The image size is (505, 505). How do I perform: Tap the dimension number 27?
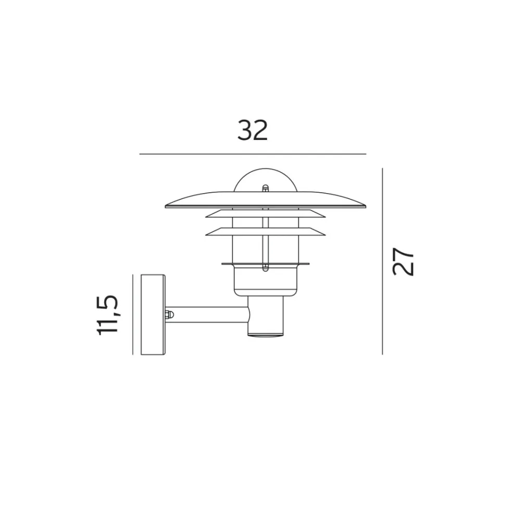click(402, 261)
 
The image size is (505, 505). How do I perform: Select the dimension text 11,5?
click(108, 315)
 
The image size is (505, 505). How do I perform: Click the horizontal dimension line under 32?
click(253, 154)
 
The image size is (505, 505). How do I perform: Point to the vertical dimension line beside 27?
click(382, 261)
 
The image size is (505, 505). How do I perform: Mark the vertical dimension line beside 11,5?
click(133, 314)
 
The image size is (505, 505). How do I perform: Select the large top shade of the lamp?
click(266, 200)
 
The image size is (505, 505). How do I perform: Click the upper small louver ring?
click(266, 213)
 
